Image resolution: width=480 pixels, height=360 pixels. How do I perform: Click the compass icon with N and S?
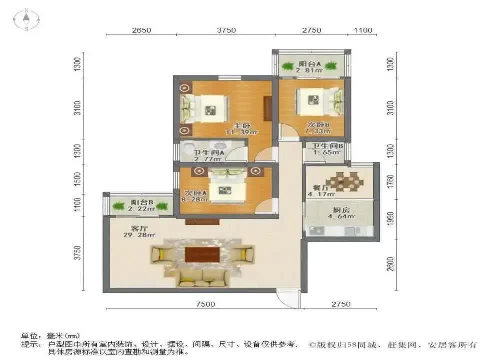[26, 19]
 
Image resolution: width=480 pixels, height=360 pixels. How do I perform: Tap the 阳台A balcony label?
[310, 64]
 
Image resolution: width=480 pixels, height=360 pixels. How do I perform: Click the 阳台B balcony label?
[142, 202]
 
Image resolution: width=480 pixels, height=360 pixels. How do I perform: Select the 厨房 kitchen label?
[343, 210]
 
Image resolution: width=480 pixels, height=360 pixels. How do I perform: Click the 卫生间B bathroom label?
[328, 146]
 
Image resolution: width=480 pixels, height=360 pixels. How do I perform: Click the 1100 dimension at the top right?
[363, 30]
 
